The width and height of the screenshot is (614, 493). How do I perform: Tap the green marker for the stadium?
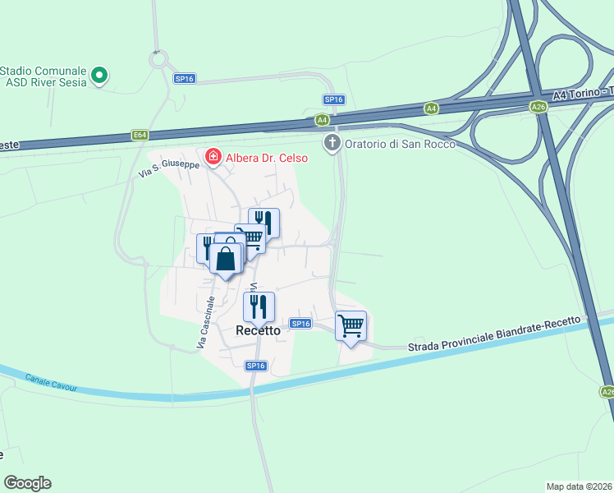(99, 77)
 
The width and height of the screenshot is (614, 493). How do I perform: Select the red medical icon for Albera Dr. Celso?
(213, 156)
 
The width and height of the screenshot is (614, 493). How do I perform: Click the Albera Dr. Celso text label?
(267, 158)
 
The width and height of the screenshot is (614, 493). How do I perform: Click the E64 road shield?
(140, 135)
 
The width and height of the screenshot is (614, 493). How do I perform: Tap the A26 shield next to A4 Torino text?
(538, 107)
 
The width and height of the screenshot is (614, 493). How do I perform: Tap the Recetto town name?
(258, 330)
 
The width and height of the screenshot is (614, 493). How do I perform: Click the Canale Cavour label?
(51, 382)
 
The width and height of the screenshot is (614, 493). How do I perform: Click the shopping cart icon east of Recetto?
(351, 326)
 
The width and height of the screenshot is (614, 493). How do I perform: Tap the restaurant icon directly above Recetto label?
(259, 306)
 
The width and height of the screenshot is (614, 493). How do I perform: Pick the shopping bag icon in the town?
(227, 259)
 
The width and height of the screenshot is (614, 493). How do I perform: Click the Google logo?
(27, 483)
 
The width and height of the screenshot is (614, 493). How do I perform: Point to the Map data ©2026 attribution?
(580, 486)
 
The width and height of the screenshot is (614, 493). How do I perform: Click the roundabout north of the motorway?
(158, 59)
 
